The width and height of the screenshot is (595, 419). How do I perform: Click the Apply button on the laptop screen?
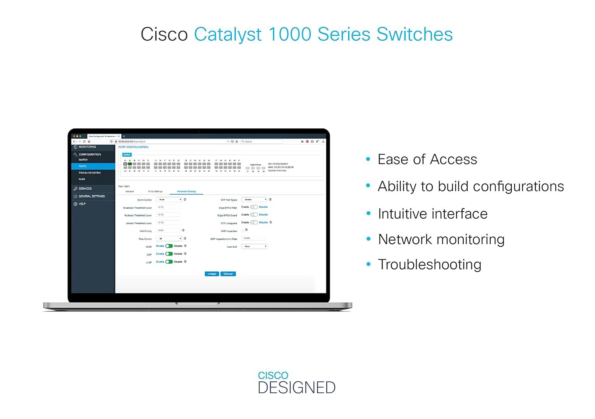[212, 274]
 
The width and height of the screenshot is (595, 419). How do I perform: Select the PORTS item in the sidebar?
[83, 166]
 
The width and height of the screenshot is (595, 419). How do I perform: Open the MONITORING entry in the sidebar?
[87, 147]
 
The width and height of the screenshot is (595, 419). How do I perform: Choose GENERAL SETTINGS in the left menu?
[92, 196]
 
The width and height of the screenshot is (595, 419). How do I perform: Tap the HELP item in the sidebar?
[82, 204]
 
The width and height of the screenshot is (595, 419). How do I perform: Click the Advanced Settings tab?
[186, 191]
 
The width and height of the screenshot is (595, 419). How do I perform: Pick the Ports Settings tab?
[155, 191]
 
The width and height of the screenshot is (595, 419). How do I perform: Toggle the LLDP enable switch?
[169, 262]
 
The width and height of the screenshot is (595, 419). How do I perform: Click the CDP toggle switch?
[169, 254]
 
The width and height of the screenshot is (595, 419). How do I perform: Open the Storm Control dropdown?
[169, 200]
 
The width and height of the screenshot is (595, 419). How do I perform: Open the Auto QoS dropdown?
[254, 247]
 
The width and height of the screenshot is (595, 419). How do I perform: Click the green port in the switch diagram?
[130, 164]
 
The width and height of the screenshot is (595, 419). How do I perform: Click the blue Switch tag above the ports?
[127, 154]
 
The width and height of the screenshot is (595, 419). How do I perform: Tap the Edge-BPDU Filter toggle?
[254, 207]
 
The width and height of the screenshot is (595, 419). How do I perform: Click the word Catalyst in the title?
[228, 34]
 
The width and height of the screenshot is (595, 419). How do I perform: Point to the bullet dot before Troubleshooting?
[369, 264]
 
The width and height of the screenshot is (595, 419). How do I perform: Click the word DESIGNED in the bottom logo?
[297, 388]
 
